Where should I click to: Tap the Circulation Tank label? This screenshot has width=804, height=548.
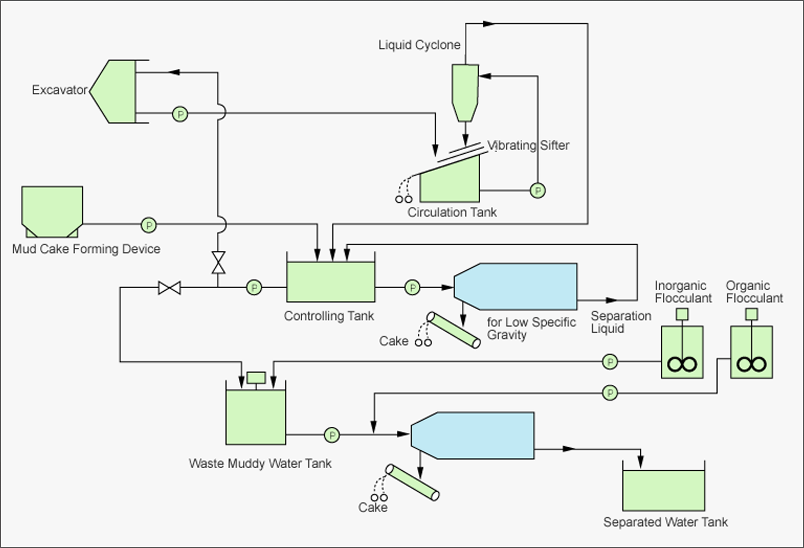tap(452, 213)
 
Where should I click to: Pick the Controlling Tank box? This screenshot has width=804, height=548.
tap(331, 281)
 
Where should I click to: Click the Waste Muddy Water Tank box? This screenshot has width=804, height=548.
tap(256, 417)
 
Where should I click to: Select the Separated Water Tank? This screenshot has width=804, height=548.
tap(663, 490)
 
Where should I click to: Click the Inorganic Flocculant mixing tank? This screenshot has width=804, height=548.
tap(682, 352)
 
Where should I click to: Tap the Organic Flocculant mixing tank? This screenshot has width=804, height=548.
tap(752, 352)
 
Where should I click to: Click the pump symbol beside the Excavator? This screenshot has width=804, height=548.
tap(180, 114)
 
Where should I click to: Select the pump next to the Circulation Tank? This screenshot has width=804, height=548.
tap(537, 190)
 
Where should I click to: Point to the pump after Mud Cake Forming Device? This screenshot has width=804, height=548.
tap(149, 225)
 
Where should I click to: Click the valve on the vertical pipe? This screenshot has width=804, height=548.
tap(218, 262)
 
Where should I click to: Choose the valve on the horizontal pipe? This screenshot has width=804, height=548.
tap(170, 288)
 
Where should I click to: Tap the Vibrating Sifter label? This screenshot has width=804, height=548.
tap(528, 145)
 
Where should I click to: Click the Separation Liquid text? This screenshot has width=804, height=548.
tap(621, 322)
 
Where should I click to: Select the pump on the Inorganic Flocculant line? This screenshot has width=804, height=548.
tap(610, 362)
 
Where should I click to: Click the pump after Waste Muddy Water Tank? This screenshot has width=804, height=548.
tap(332, 435)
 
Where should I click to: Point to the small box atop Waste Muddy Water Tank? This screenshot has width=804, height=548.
tap(256, 377)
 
